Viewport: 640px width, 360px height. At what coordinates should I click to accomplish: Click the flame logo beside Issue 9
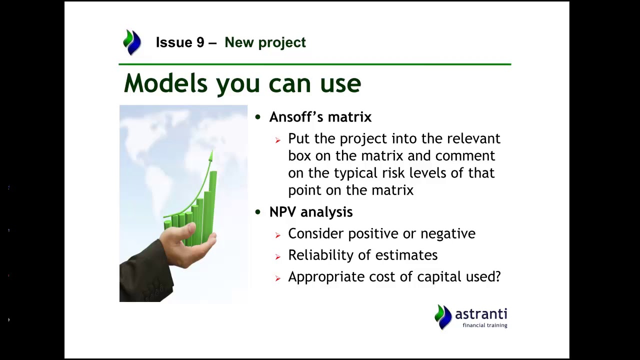132,42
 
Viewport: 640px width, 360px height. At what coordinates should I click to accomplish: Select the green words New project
265,43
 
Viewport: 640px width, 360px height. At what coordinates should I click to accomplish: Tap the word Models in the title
165,83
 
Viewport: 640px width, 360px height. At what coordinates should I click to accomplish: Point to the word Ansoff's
296,116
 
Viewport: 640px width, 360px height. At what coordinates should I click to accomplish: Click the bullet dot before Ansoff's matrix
258,117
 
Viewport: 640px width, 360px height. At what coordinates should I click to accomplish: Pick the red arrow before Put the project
278,140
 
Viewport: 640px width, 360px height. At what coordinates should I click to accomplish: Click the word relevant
473,138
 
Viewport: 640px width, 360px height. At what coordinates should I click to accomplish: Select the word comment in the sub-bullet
465,156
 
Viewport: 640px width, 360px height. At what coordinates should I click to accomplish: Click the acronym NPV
283,212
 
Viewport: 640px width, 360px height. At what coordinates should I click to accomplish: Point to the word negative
448,234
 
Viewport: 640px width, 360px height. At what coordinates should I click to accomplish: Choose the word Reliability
321,255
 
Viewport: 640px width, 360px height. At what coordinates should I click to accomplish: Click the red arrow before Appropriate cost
278,278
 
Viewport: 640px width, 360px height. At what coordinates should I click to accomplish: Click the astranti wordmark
481,314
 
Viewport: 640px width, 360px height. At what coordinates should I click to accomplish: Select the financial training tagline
485,325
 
